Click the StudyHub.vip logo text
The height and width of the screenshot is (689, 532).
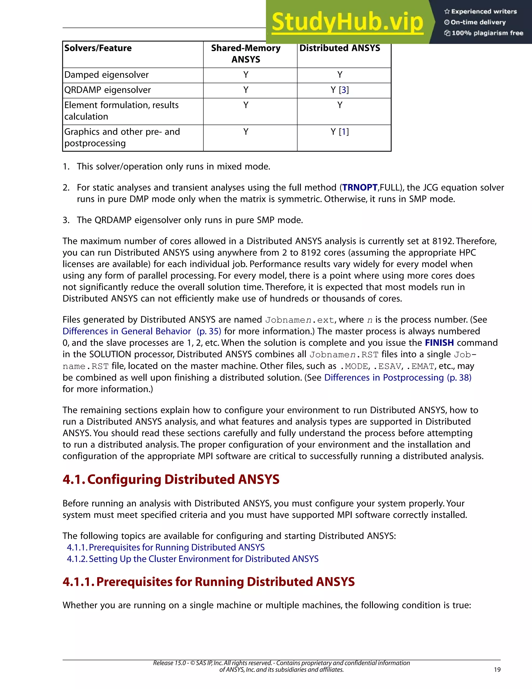(x=347, y=22)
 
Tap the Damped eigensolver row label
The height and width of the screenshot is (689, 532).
(x=107, y=75)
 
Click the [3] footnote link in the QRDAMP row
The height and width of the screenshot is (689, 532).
(x=344, y=90)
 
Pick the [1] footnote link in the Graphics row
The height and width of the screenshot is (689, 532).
(x=344, y=132)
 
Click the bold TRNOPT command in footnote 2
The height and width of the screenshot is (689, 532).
(x=360, y=188)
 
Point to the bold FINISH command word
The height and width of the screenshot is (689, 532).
(x=439, y=343)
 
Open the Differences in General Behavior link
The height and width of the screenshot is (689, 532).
(x=127, y=331)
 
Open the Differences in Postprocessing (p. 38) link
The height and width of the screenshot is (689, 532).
(x=398, y=378)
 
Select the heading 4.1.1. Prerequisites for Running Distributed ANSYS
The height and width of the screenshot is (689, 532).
(x=209, y=582)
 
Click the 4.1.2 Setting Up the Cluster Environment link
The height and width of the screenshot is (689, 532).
(x=192, y=559)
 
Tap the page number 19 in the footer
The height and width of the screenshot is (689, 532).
(x=497, y=670)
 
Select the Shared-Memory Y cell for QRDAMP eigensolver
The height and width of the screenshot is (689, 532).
(x=246, y=90)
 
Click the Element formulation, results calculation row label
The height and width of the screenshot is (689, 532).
(x=121, y=111)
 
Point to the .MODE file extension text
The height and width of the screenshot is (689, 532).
(x=354, y=367)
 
